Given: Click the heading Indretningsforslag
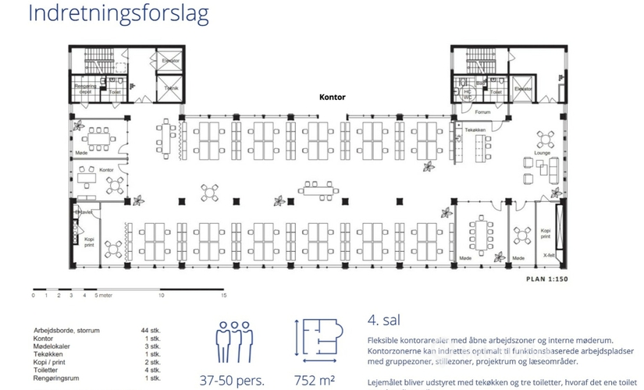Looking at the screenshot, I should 117,13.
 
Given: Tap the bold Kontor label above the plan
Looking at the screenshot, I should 332,98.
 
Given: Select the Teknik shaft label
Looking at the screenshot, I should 170,88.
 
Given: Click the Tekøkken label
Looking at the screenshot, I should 475,129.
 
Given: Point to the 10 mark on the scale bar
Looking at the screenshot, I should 161,296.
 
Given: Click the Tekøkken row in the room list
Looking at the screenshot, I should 50,354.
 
